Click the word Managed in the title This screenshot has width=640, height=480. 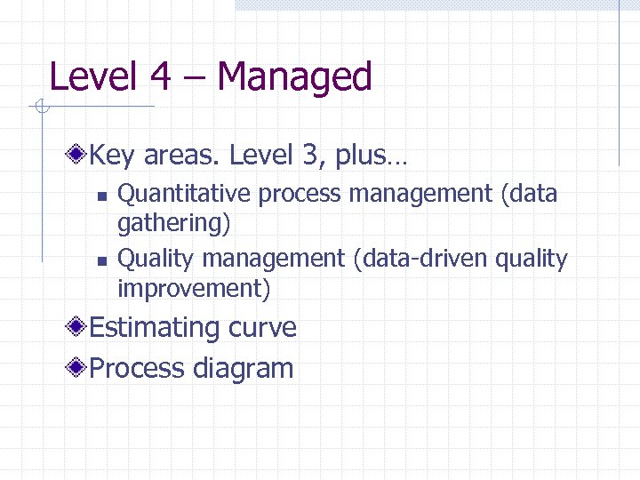(294, 76)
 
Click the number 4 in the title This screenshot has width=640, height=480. (161, 76)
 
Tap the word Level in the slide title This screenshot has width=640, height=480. (92, 76)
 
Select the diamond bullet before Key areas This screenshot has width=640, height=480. (79, 156)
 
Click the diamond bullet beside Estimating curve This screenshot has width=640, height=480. (79, 327)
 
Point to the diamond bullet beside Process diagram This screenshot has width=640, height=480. (79, 368)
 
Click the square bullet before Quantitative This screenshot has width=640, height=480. (101, 196)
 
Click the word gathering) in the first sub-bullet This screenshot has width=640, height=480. (174, 223)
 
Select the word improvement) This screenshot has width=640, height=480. (194, 289)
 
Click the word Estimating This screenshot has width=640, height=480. (156, 327)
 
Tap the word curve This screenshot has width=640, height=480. (262, 327)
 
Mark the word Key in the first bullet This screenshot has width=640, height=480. (112, 156)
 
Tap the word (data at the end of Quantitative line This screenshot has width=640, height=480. (529, 193)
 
